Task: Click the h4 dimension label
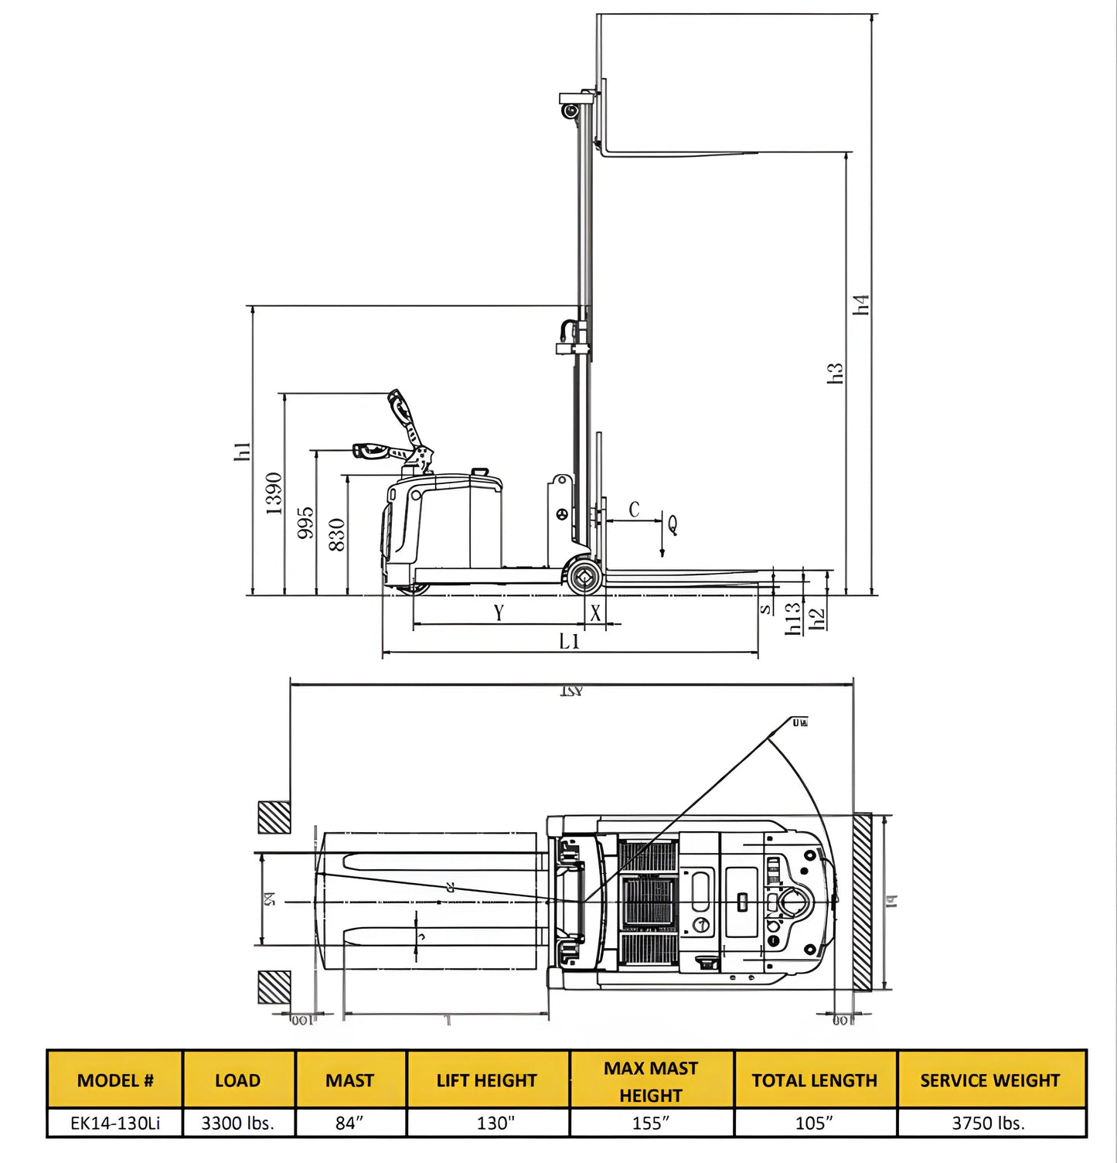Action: pos(862,304)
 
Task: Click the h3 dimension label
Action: pos(835,373)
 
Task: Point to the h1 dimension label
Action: pos(242,452)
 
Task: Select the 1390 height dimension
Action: pos(274,493)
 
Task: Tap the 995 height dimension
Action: pos(305,523)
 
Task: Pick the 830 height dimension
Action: pos(337,534)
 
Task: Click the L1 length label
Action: pos(570,641)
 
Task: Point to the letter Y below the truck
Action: pos(499,613)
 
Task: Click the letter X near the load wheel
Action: pos(595,613)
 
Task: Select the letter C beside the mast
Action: pos(634,510)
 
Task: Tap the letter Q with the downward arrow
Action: pos(672,525)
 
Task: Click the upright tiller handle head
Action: pos(400,405)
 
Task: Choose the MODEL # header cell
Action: pos(115,1080)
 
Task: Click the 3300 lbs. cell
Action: pos(238,1123)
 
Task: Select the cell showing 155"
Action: pos(651,1123)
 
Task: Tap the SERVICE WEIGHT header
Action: pos(989,1080)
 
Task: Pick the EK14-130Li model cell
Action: pos(115,1123)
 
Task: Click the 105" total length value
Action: pos(814,1123)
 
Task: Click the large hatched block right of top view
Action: pos(863,902)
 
